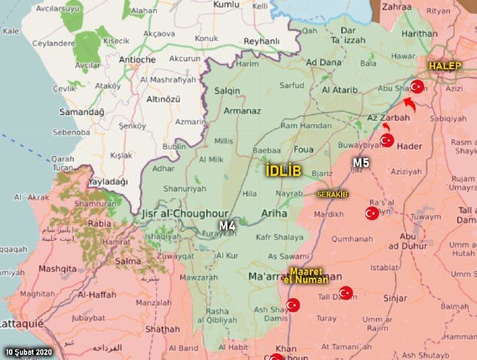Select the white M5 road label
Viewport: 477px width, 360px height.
coord(361,162)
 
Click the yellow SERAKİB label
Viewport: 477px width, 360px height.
coord(332,194)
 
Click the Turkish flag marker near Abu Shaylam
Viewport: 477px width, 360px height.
coord(417,87)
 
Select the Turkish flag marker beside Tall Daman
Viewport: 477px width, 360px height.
coord(345,293)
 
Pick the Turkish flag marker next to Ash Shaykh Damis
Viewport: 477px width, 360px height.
coord(293,305)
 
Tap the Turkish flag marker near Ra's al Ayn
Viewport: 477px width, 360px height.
coord(372,213)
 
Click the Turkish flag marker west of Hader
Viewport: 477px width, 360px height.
coord(386,140)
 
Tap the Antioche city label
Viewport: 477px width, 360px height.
coord(136,60)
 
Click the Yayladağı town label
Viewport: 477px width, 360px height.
coord(107,180)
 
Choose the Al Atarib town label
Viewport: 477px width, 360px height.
coord(340,91)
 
